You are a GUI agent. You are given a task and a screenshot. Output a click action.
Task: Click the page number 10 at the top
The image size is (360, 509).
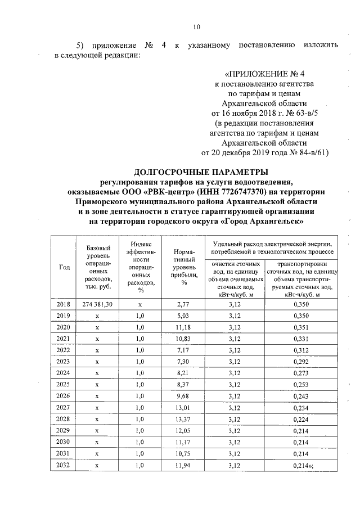click(196, 26)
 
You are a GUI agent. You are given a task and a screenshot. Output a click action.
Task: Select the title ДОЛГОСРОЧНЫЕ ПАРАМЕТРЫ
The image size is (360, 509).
click(201, 171)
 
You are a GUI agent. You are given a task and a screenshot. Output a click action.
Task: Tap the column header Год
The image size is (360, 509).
click(64, 267)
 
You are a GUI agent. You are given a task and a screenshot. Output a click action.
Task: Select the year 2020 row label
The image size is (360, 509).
click(64, 327)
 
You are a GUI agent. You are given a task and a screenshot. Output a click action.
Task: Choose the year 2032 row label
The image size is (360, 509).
click(64, 465)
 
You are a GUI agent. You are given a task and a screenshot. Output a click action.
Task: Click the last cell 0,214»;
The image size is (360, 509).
click(304, 465)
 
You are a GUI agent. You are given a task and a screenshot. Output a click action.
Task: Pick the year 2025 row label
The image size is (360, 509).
click(64, 385)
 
